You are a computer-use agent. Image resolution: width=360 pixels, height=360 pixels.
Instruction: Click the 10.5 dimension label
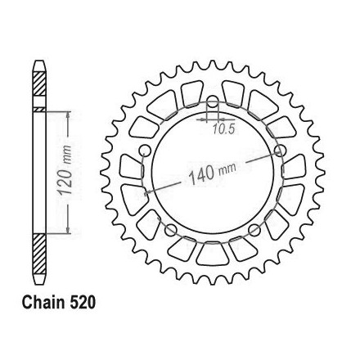(223, 130)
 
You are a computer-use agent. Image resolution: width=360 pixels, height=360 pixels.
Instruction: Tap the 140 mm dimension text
(212, 173)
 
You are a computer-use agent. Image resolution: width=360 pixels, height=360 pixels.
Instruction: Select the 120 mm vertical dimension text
(65, 170)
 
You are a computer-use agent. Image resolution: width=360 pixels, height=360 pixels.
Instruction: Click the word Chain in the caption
(43, 303)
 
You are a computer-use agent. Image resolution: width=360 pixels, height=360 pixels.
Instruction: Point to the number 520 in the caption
(83, 303)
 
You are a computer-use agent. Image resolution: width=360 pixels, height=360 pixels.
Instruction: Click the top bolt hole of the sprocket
(213, 101)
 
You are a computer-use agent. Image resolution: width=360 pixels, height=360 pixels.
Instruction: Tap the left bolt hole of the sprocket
(145, 151)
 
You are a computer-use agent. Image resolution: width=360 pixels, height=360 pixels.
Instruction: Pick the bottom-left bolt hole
(171, 231)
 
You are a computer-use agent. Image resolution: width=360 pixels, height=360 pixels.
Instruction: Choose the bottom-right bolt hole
(254, 231)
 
